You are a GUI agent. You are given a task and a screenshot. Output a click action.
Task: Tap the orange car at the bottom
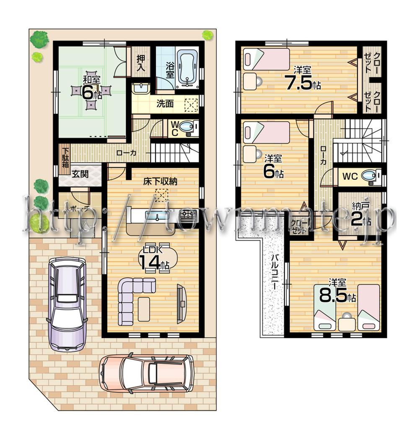pos(146,373)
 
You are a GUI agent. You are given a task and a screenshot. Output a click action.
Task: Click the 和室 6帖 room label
pos(91,88)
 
